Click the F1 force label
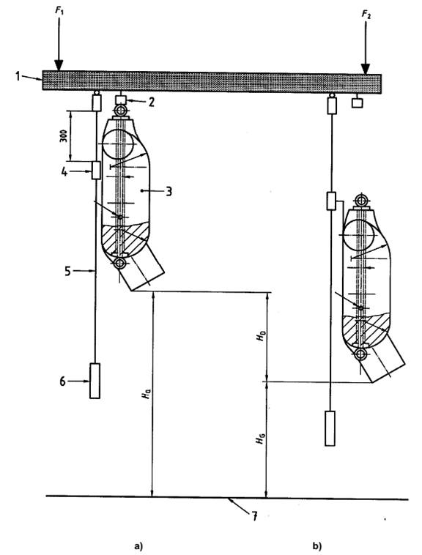coord(59,11)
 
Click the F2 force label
coord(366,15)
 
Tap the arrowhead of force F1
coord(59,65)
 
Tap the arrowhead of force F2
coord(366,69)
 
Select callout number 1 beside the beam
coord(18,75)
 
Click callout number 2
coord(152,103)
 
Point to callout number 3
coord(169,192)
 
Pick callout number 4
coord(64,172)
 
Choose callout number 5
coord(68,271)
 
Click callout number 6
coord(63,381)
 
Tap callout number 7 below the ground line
coord(254,516)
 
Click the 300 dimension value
coord(63,135)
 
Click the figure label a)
coord(138,545)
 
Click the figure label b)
coord(316,545)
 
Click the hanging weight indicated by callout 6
coord(95,381)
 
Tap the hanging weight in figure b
coord(330,428)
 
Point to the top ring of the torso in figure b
coord(361,201)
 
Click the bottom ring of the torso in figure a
coord(119,264)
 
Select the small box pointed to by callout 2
coord(121,100)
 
